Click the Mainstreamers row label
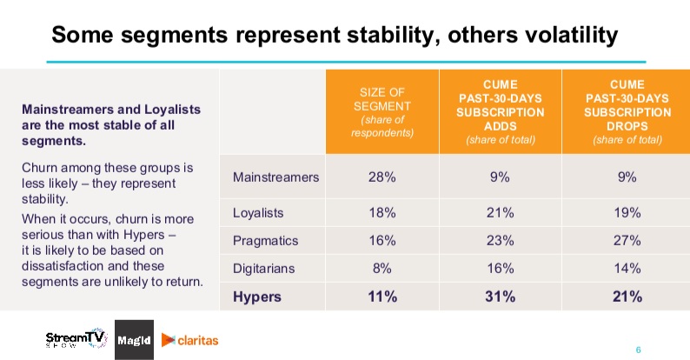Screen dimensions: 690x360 275,177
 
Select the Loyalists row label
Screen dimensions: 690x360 258,213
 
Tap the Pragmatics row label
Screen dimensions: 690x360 265,241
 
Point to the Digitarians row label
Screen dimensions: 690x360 263,269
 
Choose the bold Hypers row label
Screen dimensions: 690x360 257,297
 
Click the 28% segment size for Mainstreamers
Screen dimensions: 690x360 382,177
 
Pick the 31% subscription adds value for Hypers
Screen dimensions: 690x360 501,297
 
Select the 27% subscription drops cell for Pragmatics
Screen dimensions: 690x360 627,241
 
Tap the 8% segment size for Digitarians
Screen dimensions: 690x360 382,269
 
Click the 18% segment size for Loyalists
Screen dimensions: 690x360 382,213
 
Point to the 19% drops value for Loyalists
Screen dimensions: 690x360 627,213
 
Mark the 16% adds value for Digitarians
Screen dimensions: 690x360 501,269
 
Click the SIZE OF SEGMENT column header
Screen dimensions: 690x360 382,112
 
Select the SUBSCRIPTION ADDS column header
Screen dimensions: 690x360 501,112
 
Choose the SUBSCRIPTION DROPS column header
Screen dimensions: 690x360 627,112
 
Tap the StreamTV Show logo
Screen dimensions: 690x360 76,339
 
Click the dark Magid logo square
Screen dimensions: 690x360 134,340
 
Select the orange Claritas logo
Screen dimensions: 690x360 190,340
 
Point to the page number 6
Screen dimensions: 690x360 638,350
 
